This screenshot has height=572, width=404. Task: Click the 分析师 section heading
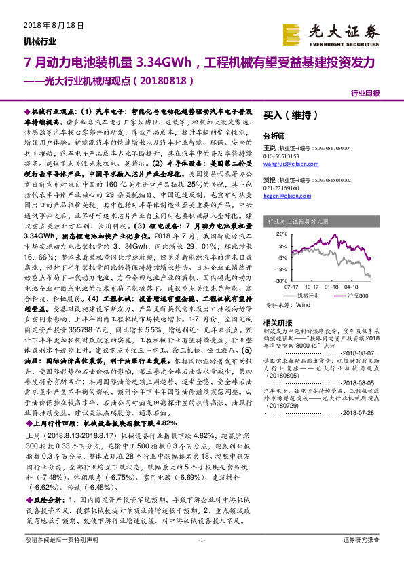(274, 136)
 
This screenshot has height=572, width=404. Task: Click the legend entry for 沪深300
(358, 296)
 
